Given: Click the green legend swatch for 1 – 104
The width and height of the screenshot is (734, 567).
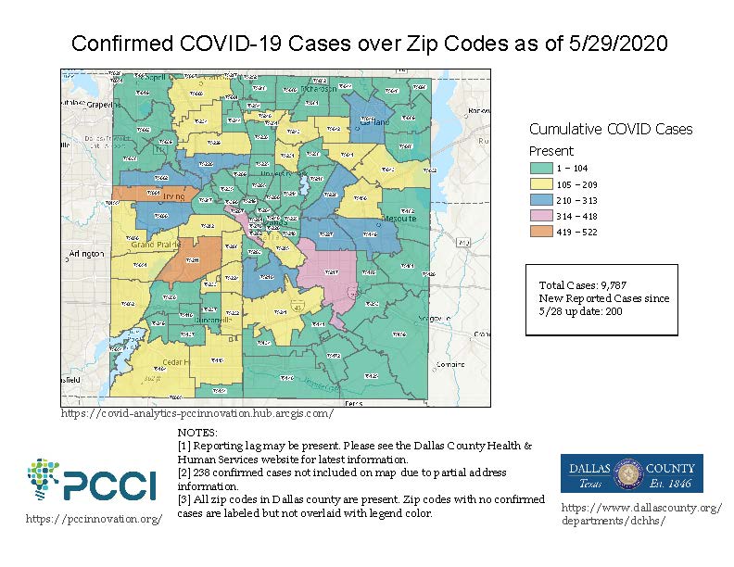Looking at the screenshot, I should [540, 169].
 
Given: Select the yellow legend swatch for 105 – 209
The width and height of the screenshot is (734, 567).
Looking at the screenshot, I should [540, 184].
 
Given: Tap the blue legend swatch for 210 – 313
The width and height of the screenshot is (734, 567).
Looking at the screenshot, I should [540, 200].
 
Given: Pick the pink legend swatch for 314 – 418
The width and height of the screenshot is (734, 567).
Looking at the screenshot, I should [540, 216].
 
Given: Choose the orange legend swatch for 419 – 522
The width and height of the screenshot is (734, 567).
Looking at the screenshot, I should [540, 232].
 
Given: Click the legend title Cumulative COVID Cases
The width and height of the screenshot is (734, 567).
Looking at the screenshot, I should [611, 130].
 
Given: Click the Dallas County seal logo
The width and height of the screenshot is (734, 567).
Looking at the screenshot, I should [631, 472].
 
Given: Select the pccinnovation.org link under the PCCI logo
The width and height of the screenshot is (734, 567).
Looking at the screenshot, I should [94, 519].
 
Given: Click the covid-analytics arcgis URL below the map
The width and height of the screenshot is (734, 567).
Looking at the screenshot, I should [196, 413].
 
